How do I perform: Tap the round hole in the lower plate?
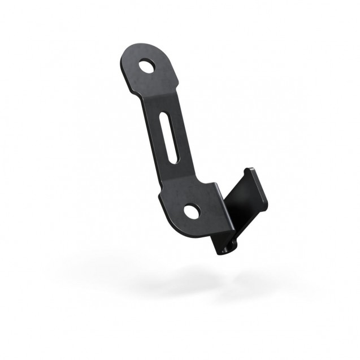tap(192, 212)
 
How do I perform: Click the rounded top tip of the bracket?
tap(136, 49)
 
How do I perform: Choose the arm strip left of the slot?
tap(158, 141)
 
